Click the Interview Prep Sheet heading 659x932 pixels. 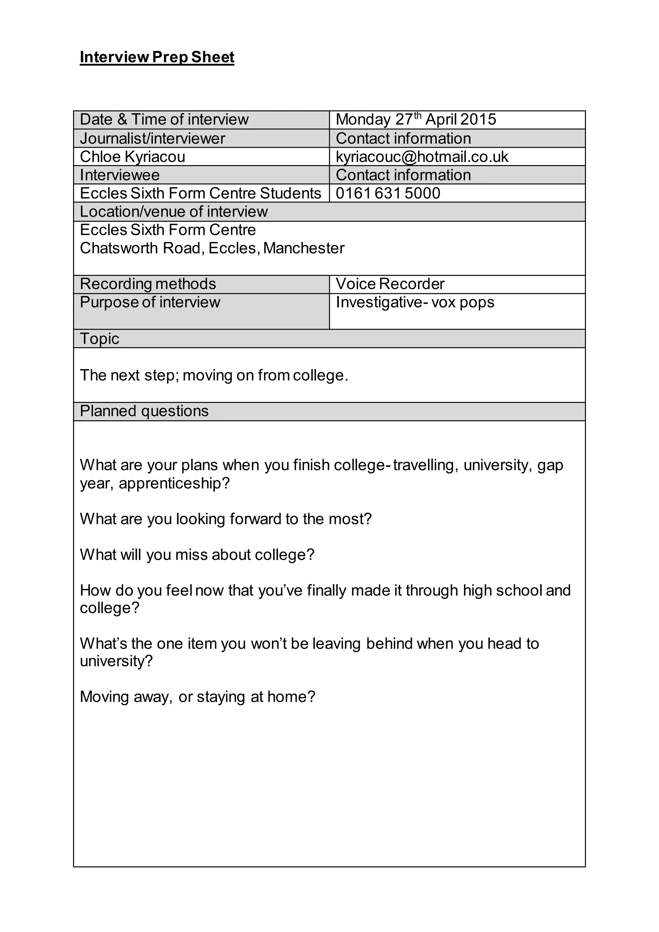point(157,57)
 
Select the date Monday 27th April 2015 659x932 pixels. point(415,120)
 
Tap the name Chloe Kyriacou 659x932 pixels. point(132,157)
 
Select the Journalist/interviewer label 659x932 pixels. point(152,138)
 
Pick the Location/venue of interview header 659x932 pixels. point(174,212)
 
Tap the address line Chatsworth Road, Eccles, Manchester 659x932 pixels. point(212,248)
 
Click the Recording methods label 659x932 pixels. point(148,284)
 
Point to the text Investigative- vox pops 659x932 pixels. point(415,303)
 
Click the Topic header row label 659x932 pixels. point(99,339)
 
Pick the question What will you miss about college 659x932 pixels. point(197,555)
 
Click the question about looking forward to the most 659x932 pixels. point(226,519)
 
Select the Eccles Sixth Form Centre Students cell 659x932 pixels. point(200,193)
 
